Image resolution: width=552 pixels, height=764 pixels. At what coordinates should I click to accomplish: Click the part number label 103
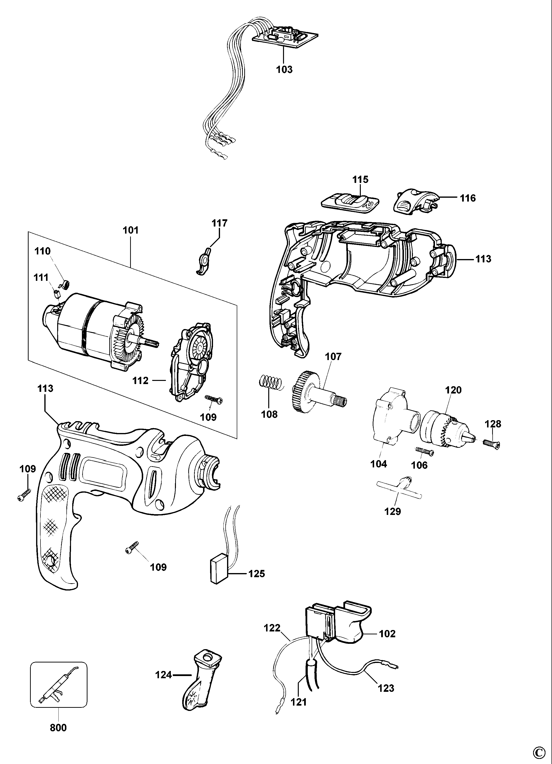284,70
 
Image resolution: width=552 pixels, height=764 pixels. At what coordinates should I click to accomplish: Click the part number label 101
131,230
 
